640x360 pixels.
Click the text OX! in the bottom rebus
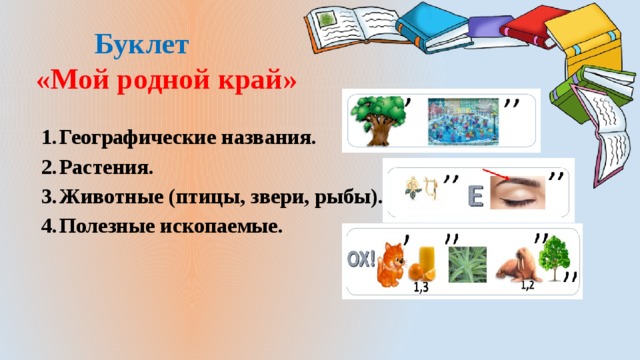[x=361, y=259]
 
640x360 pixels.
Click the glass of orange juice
[x=424, y=265]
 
